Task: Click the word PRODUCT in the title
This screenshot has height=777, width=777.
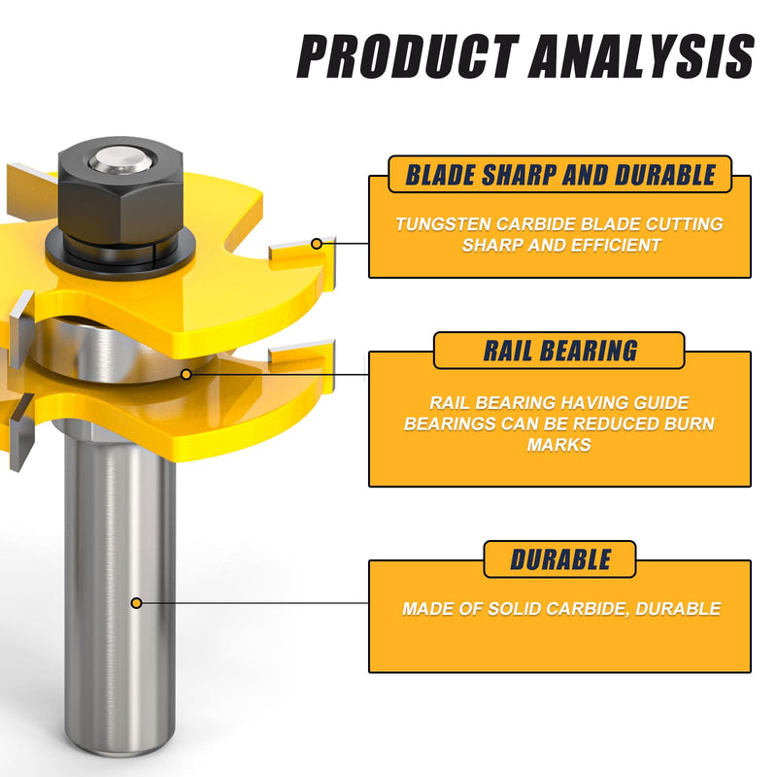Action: click(408, 56)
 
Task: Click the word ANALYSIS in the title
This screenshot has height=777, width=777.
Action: click(641, 56)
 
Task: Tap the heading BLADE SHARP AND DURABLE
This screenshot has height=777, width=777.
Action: click(560, 175)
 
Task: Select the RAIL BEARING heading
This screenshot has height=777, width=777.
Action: click(560, 351)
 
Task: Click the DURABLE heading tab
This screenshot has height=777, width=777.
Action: click(560, 559)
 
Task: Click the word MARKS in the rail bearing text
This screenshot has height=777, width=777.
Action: click(559, 445)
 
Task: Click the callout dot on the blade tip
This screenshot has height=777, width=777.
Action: click(317, 244)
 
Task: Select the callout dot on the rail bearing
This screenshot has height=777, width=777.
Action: click(186, 374)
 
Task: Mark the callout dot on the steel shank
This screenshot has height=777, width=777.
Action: click(136, 603)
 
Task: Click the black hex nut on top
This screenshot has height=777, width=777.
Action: click(120, 193)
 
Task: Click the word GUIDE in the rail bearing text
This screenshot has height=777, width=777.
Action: click(661, 402)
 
